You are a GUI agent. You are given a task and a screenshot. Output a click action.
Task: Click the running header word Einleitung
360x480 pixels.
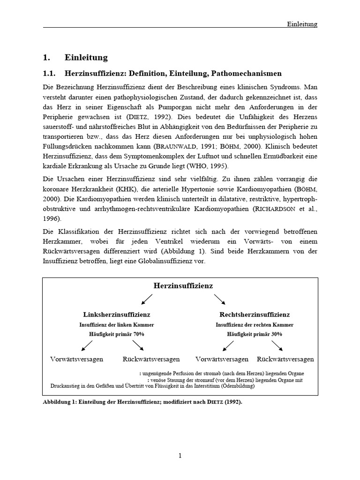pyautogui.click(x=302, y=24)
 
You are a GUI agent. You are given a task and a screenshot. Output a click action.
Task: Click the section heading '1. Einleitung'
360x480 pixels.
pyautogui.click(x=75, y=58)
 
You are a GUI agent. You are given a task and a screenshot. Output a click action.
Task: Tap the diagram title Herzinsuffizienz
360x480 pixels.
pyautogui.click(x=183, y=285)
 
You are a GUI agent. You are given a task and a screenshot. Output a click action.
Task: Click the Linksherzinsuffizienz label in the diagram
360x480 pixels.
pyautogui.click(x=117, y=315)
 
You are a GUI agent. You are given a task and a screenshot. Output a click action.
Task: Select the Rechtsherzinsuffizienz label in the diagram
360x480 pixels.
pyautogui.click(x=255, y=315)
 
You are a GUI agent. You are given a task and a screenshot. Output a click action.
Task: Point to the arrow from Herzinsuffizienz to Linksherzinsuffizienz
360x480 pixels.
pyautogui.click(x=147, y=299)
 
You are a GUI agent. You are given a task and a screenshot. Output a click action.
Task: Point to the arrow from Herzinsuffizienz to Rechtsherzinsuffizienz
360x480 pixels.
pyautogui.click(x=220, y=299)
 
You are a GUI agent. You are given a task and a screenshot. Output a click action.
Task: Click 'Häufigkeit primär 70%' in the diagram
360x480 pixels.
pyautogui.click(x=117, y=334)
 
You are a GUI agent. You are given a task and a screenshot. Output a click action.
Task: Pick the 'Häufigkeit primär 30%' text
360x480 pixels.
pyautogui.click(x=255, y=334)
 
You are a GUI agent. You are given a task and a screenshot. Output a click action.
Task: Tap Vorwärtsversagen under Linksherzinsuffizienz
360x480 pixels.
pyautogui.click(x=76, y=359)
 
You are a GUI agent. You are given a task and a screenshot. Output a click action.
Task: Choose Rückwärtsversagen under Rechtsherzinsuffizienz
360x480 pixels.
pyautogui.click(x=285, y=359)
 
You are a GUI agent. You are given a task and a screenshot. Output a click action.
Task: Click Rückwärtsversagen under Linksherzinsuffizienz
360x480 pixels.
pyautogui.click(x=151, y=359)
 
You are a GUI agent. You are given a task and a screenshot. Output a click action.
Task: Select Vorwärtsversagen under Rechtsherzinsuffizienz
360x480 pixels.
pyautogui.click(x=222, y=359)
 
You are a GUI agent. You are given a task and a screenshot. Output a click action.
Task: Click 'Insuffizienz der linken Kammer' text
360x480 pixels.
pyautogui.click(x=117, y=324)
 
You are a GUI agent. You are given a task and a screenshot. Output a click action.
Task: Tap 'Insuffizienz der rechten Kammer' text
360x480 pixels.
pyautogui.click(x=255, y=324)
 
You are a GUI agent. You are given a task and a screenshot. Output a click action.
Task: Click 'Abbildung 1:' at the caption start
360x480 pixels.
pyautogui.click(x=59, y=402)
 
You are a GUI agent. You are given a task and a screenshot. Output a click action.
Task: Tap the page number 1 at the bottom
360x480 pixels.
pyautogui.click(x=180, y=455)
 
